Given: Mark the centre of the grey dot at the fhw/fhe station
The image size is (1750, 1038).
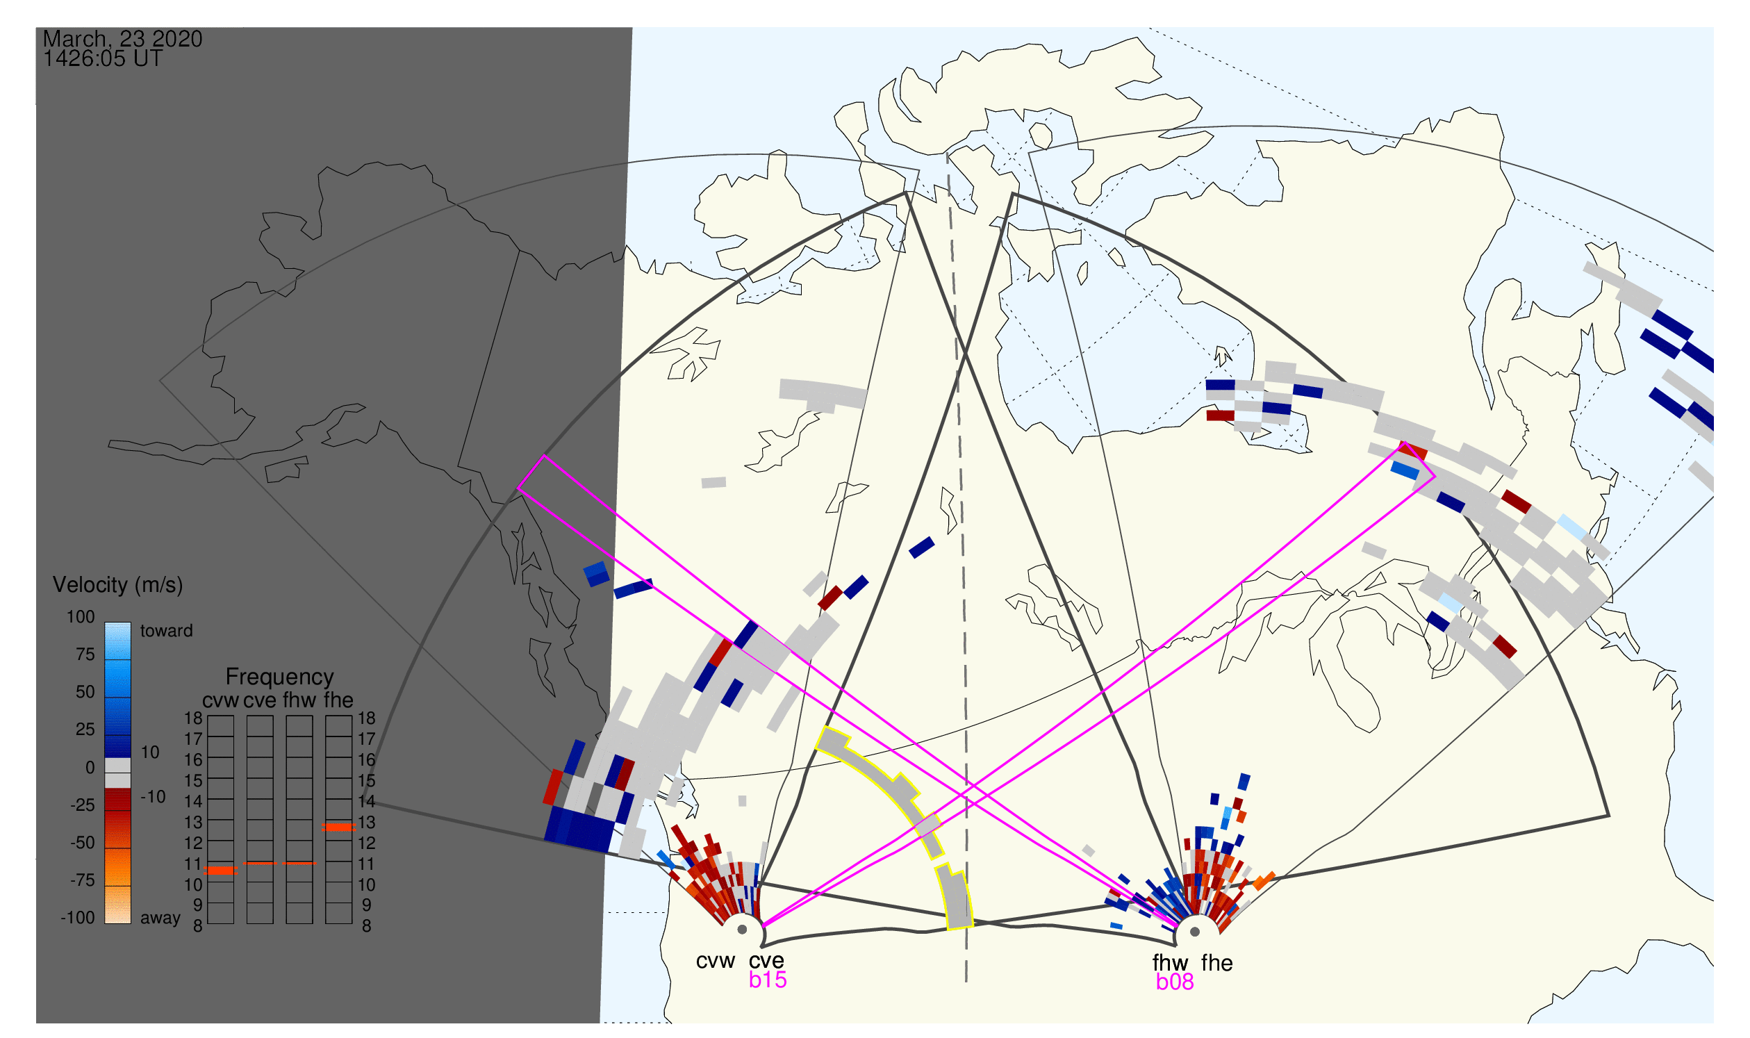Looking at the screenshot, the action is tap(1196, 932).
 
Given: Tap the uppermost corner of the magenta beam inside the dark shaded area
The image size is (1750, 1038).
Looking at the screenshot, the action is tap(544, 456).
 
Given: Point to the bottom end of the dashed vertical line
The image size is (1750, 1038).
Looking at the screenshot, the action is tap(966, 982).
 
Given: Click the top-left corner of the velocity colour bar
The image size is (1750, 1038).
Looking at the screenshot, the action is tap(105, 623).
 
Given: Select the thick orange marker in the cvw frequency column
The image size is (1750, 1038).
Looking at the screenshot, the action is tap(221, 871).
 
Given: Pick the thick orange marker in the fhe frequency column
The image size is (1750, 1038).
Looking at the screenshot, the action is tap(338, 827).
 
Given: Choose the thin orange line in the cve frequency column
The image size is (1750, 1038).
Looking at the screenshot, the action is tap(261, 864).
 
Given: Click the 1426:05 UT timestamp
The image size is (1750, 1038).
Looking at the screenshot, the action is tap(103, 59).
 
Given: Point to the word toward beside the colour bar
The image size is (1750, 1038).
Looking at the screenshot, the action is tap(167, 631).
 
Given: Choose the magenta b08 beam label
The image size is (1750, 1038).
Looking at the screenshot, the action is tap(1175, 982).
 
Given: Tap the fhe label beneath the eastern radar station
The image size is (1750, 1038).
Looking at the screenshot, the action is tap(1217, 963).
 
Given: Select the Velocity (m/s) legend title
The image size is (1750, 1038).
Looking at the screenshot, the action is tap(118, 586).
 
